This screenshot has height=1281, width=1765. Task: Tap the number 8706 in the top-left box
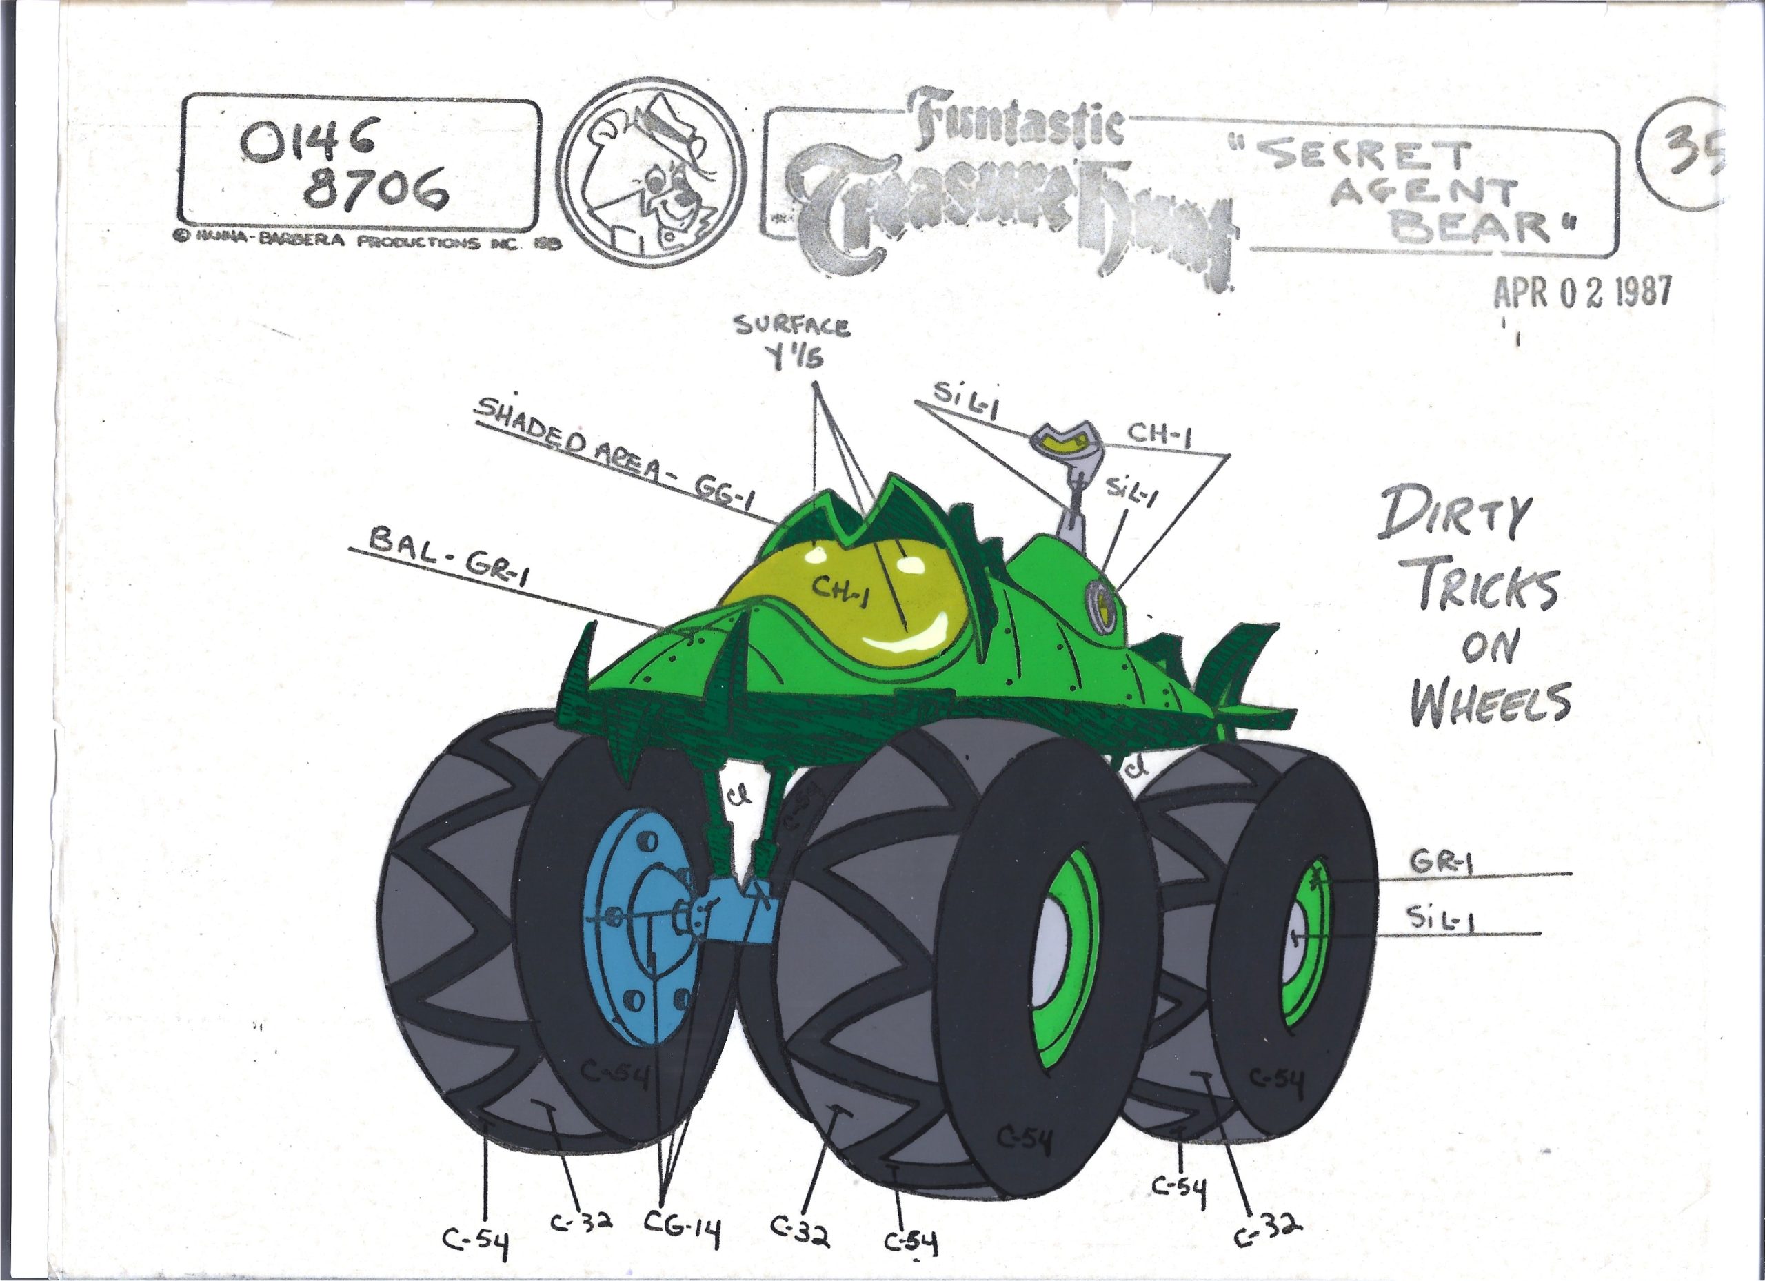tap(375, 188)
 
